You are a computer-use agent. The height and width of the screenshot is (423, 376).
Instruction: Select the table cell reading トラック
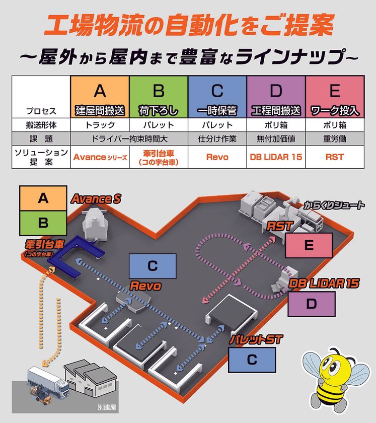(100, 125)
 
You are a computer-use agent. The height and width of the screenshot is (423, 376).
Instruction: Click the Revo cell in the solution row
(217, 157)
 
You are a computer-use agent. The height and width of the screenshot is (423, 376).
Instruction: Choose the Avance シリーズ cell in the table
(100, 157)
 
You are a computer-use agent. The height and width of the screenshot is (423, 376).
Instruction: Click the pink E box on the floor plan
(309, 246)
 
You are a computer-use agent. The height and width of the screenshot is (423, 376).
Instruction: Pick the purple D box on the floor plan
(311, 304)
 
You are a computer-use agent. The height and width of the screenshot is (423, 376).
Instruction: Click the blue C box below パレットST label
(252, 360)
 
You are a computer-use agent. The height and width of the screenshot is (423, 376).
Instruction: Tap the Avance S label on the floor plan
(96, 199)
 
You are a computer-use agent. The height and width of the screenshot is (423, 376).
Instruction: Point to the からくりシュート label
(334, 205)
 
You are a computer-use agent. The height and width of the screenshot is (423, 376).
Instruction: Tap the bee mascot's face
(329, 370)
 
